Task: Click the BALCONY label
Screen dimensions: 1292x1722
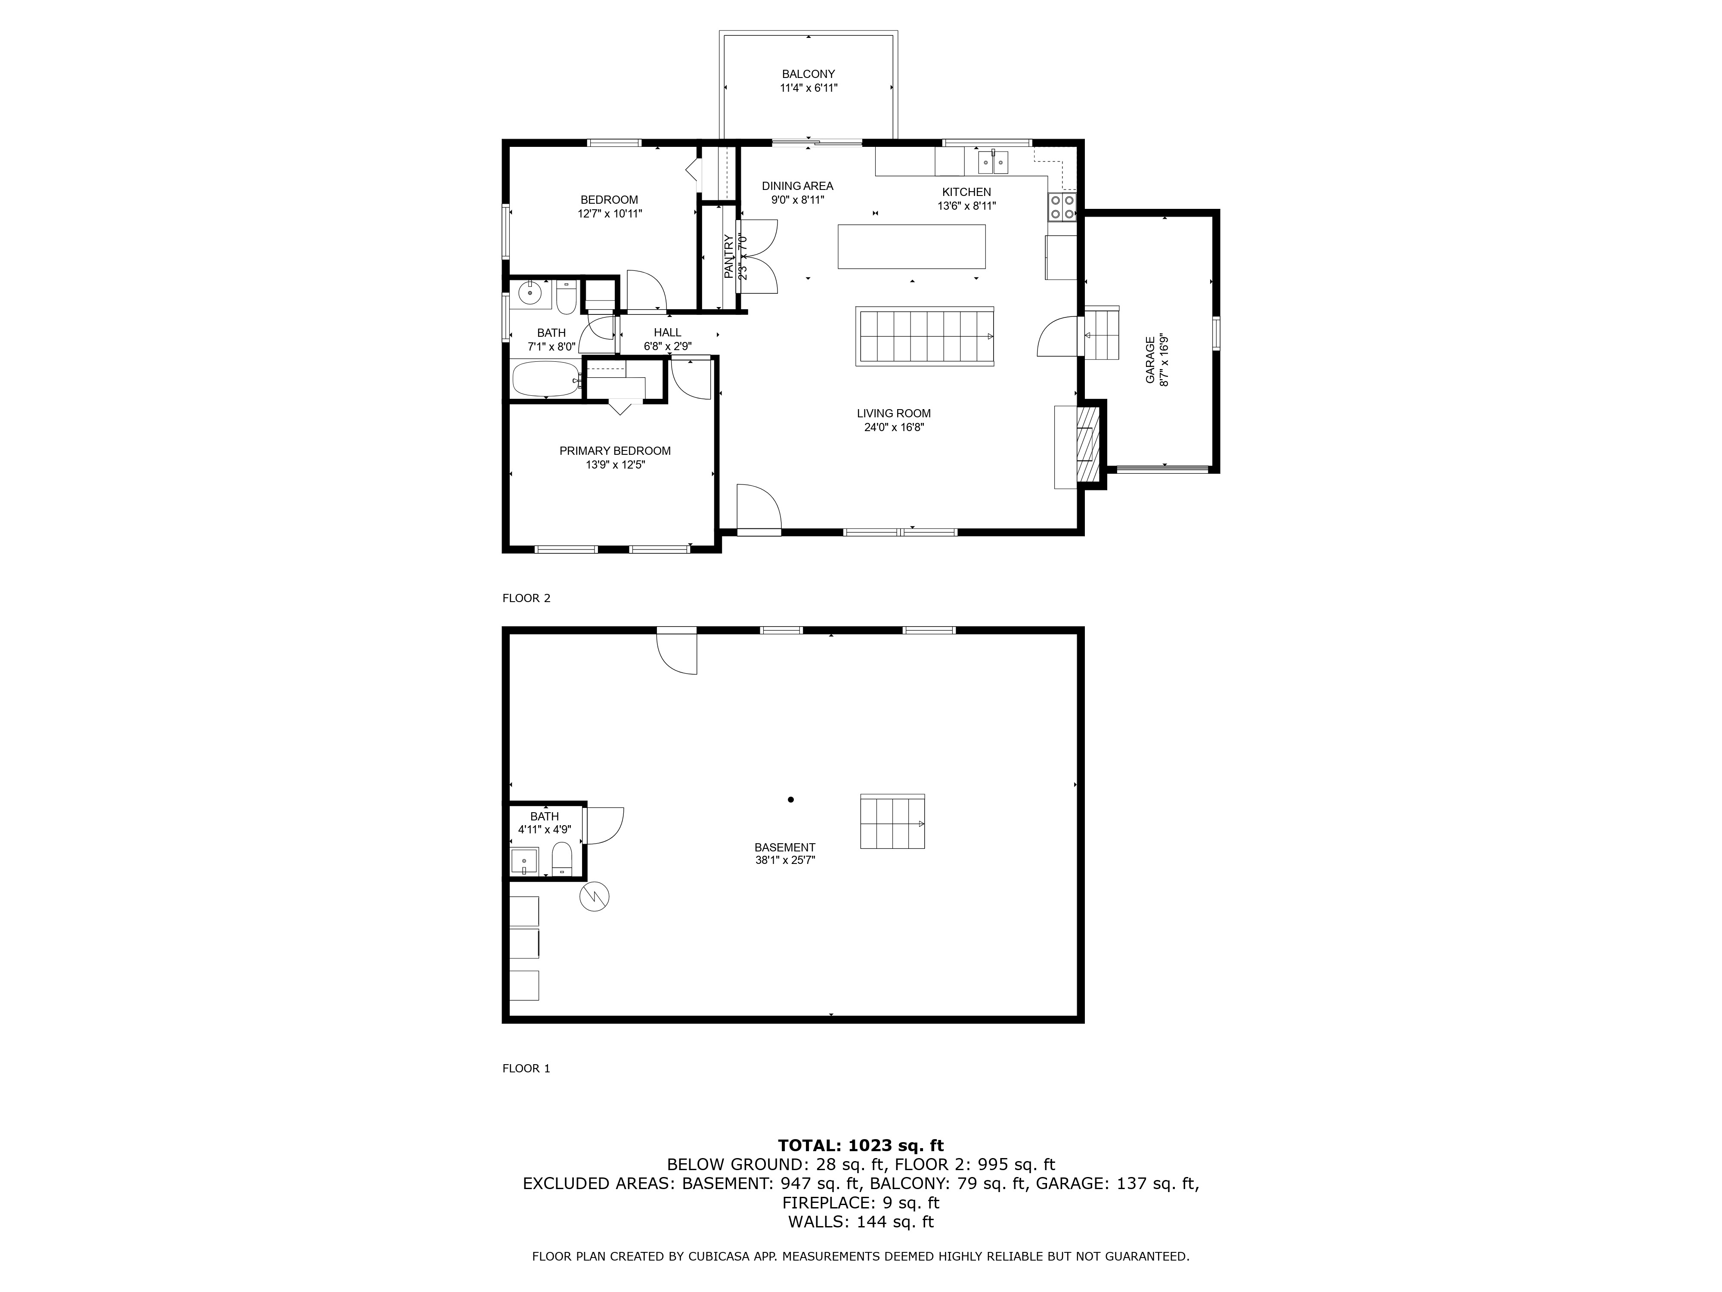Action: tap(808, 74)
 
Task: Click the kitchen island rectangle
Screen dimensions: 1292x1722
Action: tap(911, 246)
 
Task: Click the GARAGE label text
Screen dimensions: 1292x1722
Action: tap(1150, 360)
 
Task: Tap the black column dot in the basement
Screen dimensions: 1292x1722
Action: tap(790, 799)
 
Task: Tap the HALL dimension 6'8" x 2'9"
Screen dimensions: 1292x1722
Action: tap(667, 347)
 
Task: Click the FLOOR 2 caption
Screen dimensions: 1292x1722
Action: tap(526, 598)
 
